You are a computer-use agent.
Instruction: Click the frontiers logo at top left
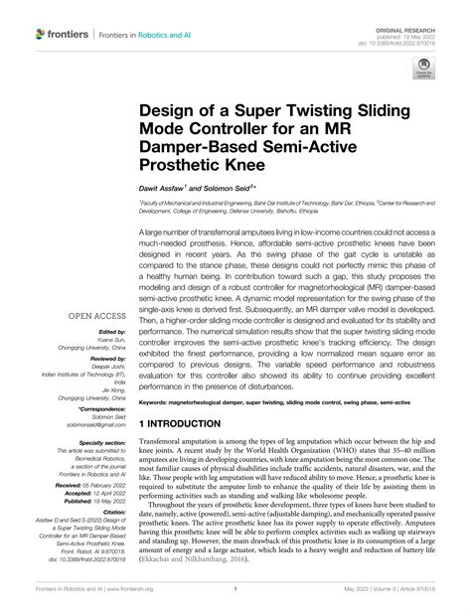(x=61, y=34)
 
